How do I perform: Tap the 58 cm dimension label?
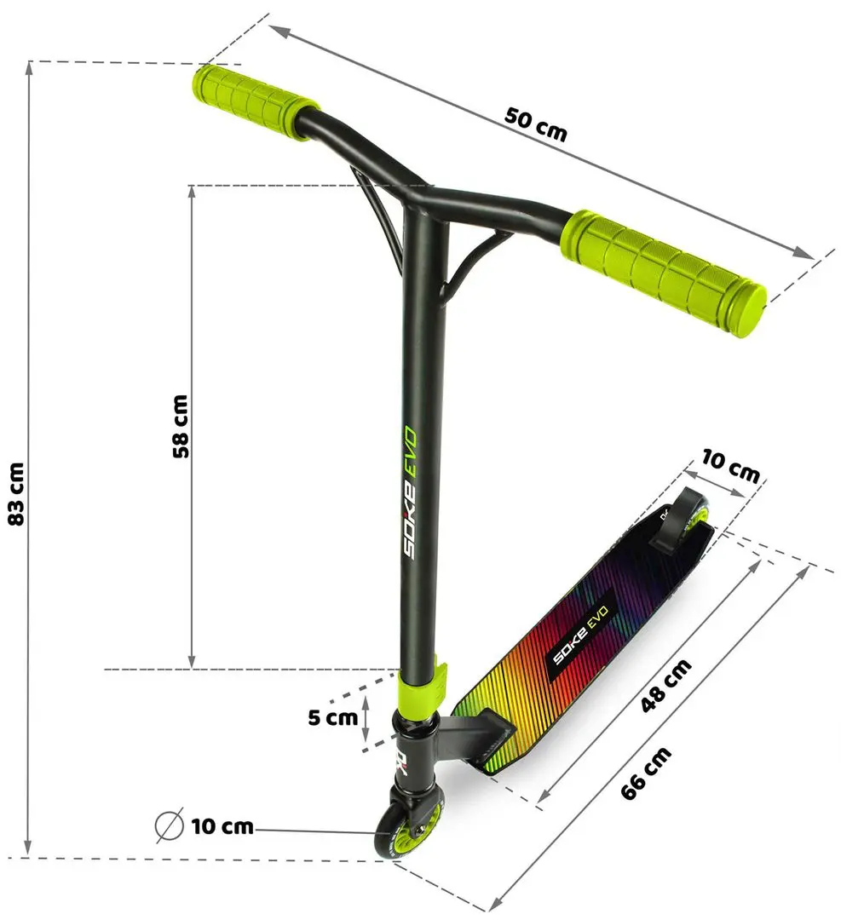pyautogui.click(x=180, y=427)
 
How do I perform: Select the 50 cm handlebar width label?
pyautogui.click(x=535, y=124)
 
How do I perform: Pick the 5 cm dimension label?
pyautogui.click(x=332, y=717)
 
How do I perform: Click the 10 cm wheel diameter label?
pyautogui.click(x=222, y=825)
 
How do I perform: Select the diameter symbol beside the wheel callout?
pyautogui.click(x=169, y=825)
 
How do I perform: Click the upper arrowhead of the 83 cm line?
pyautogui.click(x=31, y=68)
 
